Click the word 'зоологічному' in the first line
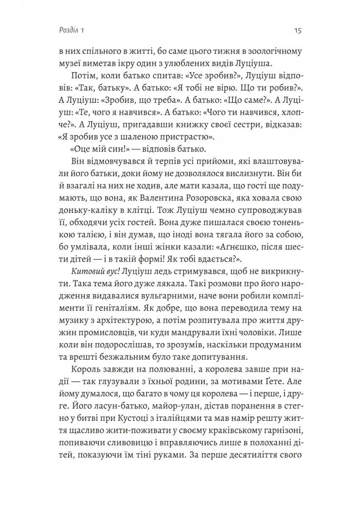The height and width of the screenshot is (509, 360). [x=274, y=53]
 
